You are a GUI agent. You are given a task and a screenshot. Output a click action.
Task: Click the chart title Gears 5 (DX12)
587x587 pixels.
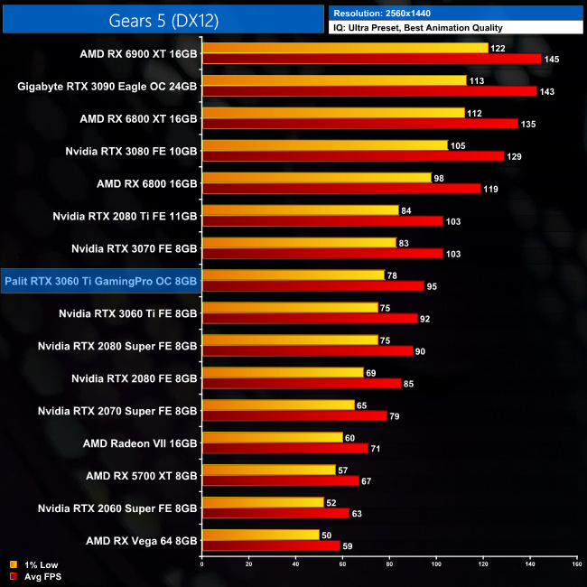click(163, 18)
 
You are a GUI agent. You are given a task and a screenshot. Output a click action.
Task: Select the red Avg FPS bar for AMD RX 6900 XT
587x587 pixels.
click(371, 59)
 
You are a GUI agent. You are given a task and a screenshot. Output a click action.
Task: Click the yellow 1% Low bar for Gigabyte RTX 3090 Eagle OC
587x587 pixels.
click(333, 80)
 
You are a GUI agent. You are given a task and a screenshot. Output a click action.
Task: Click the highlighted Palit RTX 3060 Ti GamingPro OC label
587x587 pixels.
click(100, 281)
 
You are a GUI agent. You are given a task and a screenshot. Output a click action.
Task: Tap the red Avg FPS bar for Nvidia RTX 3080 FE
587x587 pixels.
click(352, 156)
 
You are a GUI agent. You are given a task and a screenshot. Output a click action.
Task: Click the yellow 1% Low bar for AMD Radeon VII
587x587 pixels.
click(272, 437)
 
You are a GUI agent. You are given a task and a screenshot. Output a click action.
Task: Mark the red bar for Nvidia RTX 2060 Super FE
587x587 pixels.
click(275, 513)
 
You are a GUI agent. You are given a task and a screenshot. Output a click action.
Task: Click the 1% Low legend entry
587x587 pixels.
click(34, 565)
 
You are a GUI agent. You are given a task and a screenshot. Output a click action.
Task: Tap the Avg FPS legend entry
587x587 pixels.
click(36, 576)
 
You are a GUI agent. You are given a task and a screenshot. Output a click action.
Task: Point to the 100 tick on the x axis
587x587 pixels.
click(436, 564)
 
